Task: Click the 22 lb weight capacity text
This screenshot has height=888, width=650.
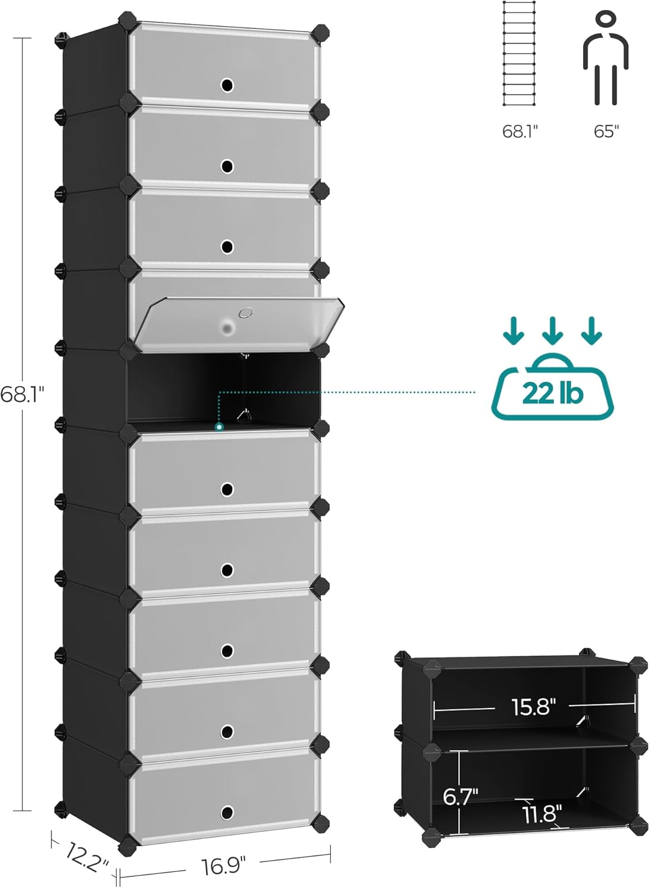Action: point(552,393)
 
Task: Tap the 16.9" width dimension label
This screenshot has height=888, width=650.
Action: point(223,866)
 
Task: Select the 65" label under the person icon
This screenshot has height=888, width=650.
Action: point(606,131)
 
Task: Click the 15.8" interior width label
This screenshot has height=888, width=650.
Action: point(533,706)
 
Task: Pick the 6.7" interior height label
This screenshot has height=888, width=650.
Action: point(461,796)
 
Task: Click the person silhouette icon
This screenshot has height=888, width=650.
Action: point(606,59)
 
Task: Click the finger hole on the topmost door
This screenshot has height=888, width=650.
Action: point(227,85)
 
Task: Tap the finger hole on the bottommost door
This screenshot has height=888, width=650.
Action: point(227,812)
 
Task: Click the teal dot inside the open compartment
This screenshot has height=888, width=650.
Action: point(219,426)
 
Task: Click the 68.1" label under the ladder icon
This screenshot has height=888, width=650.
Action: point(520,131)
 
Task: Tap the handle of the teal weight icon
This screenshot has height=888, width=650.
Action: point(552,361)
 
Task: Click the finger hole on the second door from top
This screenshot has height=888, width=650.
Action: point(227,166)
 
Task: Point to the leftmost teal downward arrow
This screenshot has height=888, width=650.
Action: point(513,332)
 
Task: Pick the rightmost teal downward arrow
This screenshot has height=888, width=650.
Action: point(591,332)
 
